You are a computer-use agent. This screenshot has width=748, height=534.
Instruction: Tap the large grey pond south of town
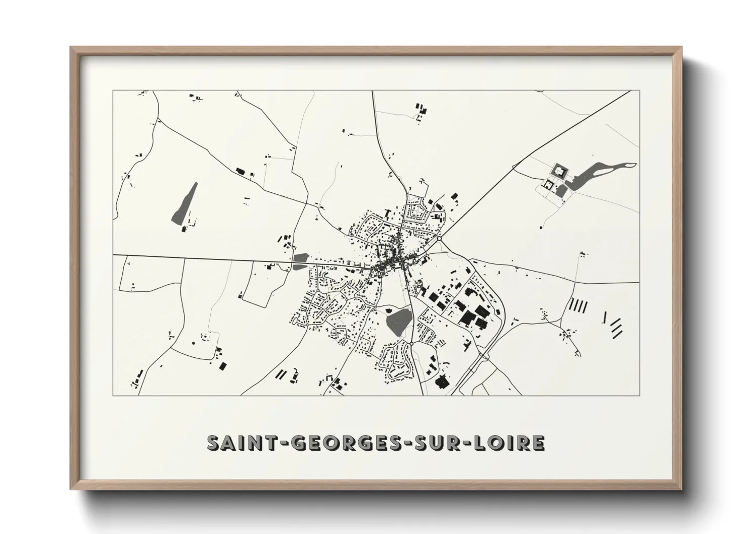pyautogui.click(x=399, y=322)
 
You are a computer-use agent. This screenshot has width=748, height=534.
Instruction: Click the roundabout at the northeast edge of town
pyautogui.click(x=440, y=238)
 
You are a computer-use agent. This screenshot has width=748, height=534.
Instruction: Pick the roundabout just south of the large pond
pyautogui.click(x=412, y=344)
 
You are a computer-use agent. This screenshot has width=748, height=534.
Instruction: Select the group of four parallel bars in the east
pyautogui.click(x=579, y=305)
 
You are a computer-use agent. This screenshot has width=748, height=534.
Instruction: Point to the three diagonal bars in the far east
pyautogui.click(x=616, y=327)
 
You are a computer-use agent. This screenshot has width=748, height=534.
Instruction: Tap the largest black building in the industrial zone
pyautogui.click(x=467, y=317)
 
